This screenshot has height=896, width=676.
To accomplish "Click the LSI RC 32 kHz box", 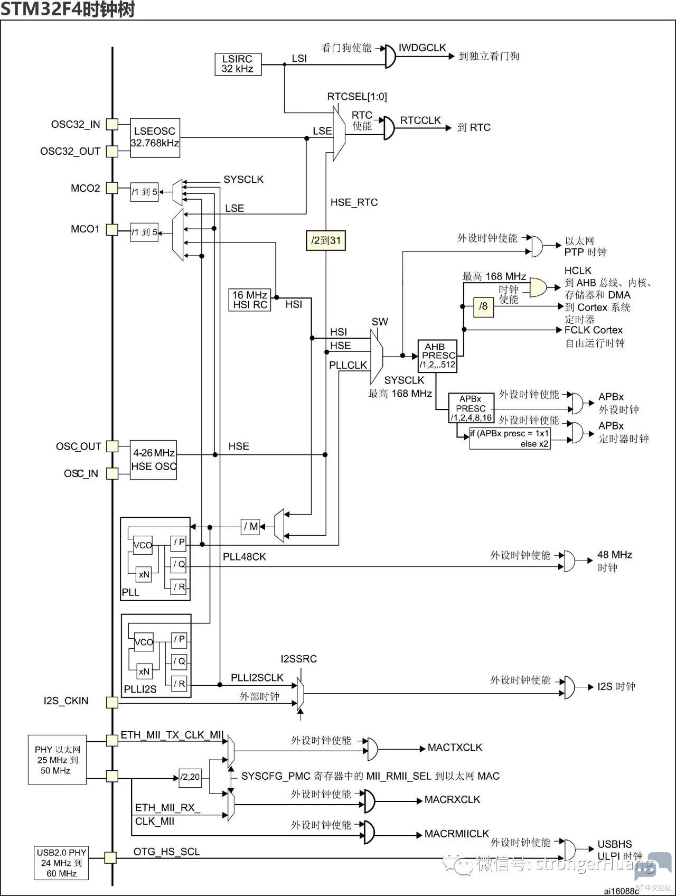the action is pyautogui.click(x=238, y=64).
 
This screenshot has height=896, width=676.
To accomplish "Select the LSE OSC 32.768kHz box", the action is pyautogui.click(x=155, y=137).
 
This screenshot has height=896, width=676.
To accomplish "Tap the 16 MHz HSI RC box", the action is pyautogui.click(x=250, y=300).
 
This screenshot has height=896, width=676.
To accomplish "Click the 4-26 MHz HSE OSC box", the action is pyautogui.click(x=154, y=460).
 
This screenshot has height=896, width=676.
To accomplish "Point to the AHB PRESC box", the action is pyautogui.click(x=437, y=356).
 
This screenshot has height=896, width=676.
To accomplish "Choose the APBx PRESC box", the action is pyautogui.click(x=471, y=408).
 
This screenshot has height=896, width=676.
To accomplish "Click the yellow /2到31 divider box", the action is pyautogui.click(x=326, y=240).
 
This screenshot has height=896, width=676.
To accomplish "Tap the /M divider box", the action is pyautogui.click(x=250, y=527).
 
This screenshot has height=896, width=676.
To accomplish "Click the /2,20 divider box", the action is pyautogui.click(x=190, y=777).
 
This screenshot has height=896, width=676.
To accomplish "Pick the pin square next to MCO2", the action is pyautogui.click(x=112, y=188).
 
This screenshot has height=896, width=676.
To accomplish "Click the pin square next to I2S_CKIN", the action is pyautogui.click(x=112, y=702).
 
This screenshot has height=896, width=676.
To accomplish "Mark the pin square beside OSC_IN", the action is pyautogui.click(x=112, y=473).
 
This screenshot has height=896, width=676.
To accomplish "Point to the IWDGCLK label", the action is pyautogui.click(x=422, y=48).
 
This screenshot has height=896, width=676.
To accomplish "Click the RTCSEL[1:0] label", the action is pyautogui.click(x=357, y=96).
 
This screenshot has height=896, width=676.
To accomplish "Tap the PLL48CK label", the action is pyautogui.click(x=245, y=557).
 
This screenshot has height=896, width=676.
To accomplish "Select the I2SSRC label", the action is pyautogui.click(x=299, y=659).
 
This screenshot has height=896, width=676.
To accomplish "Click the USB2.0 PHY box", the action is pyautogui.click(x=61, y=863).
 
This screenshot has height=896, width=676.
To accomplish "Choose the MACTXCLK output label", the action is pyautogui.click(x=455, y=748).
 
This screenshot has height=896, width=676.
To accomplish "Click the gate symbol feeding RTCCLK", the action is pyautogui.click(x=389, y=128).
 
